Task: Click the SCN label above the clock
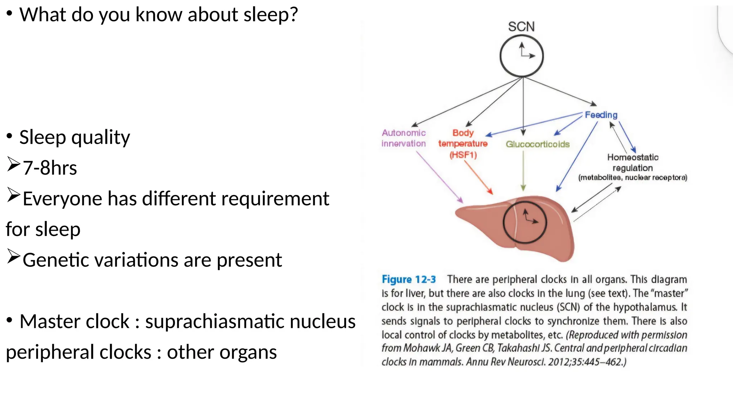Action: click(x=521, y=27)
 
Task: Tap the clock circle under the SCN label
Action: click(x=521, y=56)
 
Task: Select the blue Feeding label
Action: click(x=601, y=115)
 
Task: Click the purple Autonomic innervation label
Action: click(x=404, y=138)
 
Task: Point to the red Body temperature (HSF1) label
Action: click(x=463, y=144)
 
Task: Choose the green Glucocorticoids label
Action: click(x=537, y=144)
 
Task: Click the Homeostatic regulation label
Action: click(x=632, y=163)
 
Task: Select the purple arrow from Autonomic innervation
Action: click(x=439, y=177)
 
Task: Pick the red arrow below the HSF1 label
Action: click(x=478, y=177)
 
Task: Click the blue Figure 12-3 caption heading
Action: click(x=408, y=279)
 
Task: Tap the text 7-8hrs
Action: click(x=50, y=168)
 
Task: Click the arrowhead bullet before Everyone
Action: click(x=13, y=195)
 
